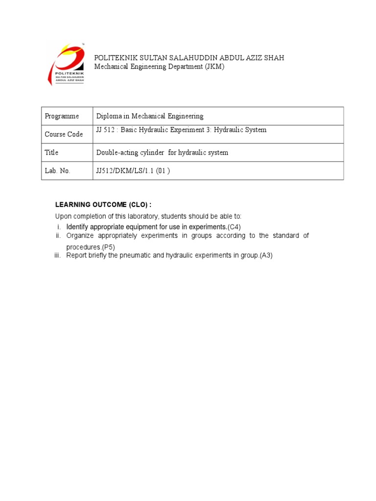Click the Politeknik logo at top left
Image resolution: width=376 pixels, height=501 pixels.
[66, 64]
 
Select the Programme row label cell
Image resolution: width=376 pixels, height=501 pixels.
[62, 116]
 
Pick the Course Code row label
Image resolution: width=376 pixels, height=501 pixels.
[64, 134]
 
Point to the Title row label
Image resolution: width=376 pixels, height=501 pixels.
[51, 153]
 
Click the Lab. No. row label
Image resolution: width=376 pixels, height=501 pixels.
[58, 171]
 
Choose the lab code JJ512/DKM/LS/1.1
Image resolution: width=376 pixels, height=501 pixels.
[128, 171]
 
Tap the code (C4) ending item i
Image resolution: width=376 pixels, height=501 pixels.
[235, 227]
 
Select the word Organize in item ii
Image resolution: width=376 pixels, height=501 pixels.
[80, 236]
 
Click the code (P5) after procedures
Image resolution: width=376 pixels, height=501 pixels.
[109, 247]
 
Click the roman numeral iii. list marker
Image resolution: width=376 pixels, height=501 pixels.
[58, 255]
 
